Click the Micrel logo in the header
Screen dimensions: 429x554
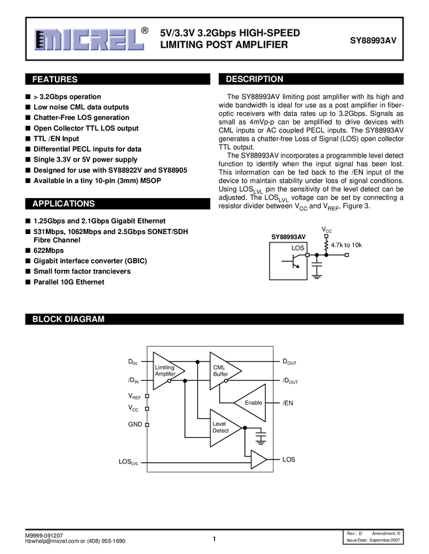point(89,39)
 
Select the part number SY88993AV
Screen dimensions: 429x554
point(373,40)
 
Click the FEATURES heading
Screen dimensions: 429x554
point(55,80)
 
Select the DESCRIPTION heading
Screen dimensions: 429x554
point(255,79)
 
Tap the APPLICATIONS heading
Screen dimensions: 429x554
point(63,203)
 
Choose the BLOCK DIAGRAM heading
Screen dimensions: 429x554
point(68,319)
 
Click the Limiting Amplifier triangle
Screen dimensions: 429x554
point(165,370)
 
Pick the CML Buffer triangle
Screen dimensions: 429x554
point(222,370)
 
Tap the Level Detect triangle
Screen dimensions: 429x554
point(222,428)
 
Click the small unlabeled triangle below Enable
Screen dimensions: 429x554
point(257,459)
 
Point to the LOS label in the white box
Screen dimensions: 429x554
point(298,248)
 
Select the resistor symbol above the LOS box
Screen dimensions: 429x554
point(326,245)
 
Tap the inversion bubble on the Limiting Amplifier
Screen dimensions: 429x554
point(169,381)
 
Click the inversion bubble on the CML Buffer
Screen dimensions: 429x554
point(226,381)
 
